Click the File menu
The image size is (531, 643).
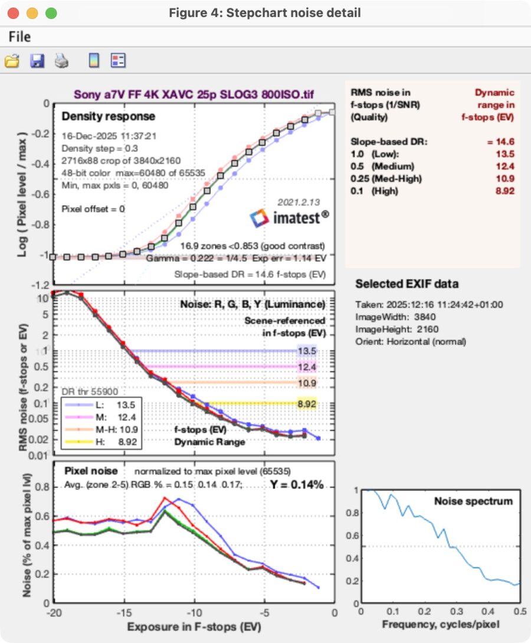19,37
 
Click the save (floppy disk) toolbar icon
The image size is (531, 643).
37,61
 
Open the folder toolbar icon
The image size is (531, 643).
12,61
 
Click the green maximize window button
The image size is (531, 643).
51,12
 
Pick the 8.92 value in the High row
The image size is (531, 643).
503,191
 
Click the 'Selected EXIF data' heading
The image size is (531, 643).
407,284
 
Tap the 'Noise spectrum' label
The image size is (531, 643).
473,502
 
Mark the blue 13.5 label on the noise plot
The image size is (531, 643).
307,351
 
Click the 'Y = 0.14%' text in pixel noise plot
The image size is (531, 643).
297,485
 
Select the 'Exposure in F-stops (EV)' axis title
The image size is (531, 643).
195,626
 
